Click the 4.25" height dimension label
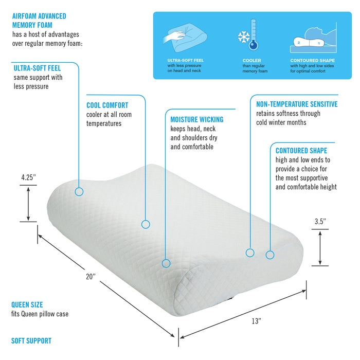coord(29,177)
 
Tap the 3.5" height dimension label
coord(320,222)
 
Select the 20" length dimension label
coord(91,277)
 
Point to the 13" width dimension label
coord(257,321)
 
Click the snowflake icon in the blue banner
coord(244,37)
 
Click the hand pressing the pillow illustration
coord(174,37)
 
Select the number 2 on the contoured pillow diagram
coord(299,43)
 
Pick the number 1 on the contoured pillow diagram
coord(319,43)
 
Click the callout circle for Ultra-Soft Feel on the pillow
coord(79,191)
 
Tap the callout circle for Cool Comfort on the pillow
coord(146,224)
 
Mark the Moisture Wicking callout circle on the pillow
coord(166,263)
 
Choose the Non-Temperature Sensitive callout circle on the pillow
coord(250,253)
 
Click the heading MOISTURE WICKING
coord(197,119)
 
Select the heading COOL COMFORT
coord(107,105)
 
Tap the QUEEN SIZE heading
coord(27,304)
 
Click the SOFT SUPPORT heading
coord(31,340)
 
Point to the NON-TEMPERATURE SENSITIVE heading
coord(297,104)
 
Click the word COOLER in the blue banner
coord(252,60)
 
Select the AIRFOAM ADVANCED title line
coord(39,16)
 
